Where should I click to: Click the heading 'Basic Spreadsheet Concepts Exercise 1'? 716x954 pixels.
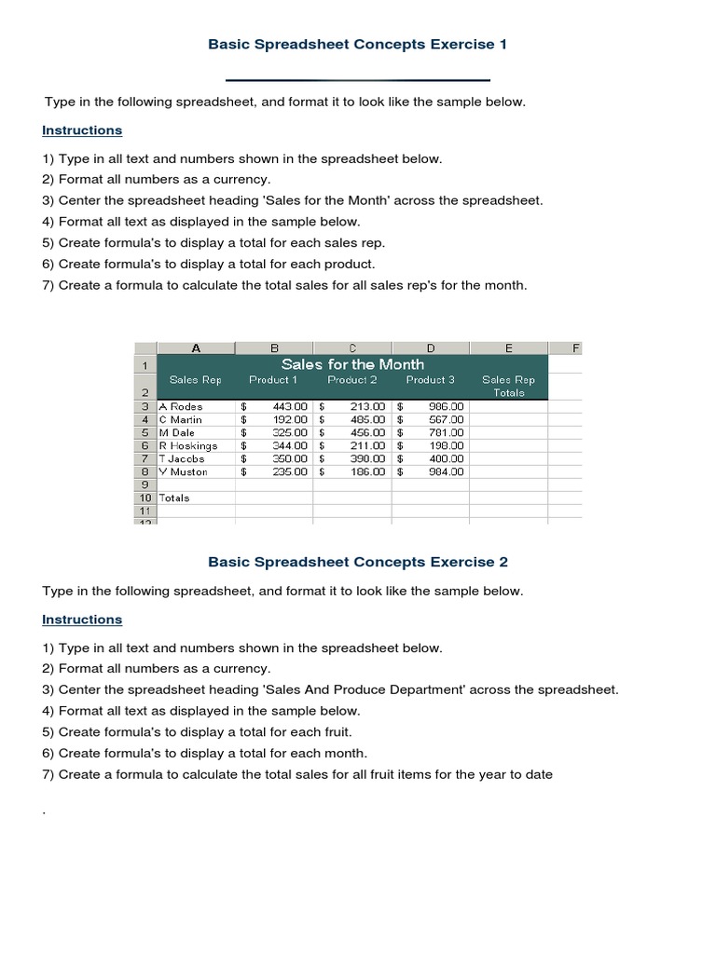pos(357,44)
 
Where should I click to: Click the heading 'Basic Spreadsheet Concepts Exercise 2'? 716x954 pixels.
pos(357,562)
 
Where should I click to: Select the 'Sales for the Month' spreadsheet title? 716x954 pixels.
pos(352,364)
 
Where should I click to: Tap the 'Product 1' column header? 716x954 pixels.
pos(273,380)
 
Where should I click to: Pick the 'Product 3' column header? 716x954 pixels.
pos(430,380)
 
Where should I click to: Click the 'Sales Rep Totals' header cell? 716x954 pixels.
pos(508,386)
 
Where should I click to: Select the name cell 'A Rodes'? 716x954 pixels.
pos(181,407)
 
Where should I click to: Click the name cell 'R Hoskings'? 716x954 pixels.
pos(188,446)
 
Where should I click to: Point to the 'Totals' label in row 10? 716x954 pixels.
pos(174,498)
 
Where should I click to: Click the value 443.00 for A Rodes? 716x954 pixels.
pos(289,407)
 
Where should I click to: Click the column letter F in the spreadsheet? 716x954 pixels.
pos(576,348)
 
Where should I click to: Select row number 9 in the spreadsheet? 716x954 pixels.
pos(145,484)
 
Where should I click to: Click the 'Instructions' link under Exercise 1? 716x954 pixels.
pos(82,130)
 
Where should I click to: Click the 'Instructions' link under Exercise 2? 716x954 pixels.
pos(82,620)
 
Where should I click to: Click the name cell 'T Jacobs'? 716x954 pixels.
pos(184,459)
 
